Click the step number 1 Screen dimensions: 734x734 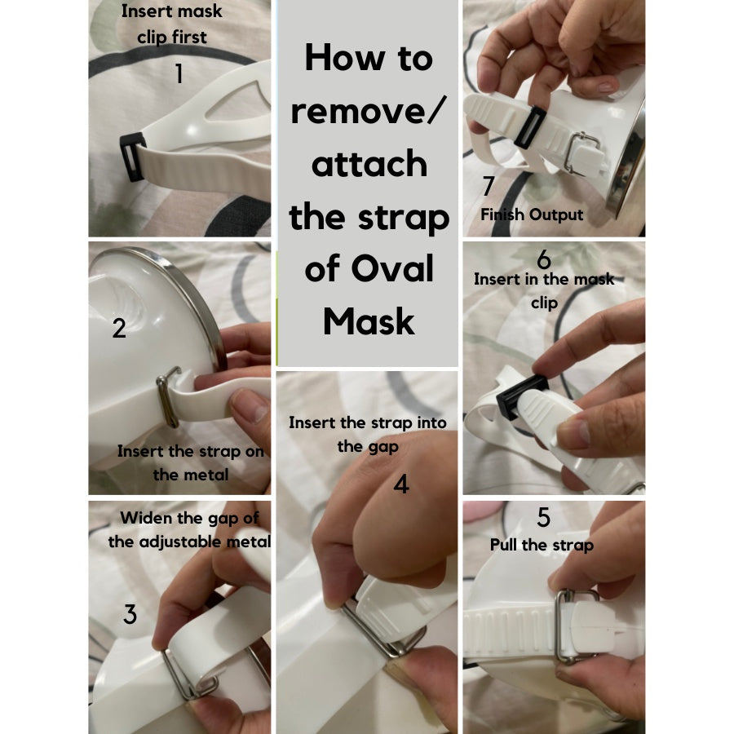click(179, 74)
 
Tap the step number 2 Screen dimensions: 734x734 click(119, 328)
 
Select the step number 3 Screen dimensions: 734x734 click(130, 613)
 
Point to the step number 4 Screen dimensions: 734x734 click(401, 484)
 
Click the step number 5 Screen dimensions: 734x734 click(543, 517)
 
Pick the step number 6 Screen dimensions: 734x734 click(544, 259)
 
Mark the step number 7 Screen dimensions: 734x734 click(489, 186)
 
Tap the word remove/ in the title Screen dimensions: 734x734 click(369, 112)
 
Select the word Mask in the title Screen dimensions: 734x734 click(369, 321)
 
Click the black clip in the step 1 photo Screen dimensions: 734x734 click(133, 157)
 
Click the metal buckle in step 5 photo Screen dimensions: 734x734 click(565, 626)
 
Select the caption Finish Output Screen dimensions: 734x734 click(532, 214)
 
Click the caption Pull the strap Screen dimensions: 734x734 click(542, 546)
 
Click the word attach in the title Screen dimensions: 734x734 click(369, 164)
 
